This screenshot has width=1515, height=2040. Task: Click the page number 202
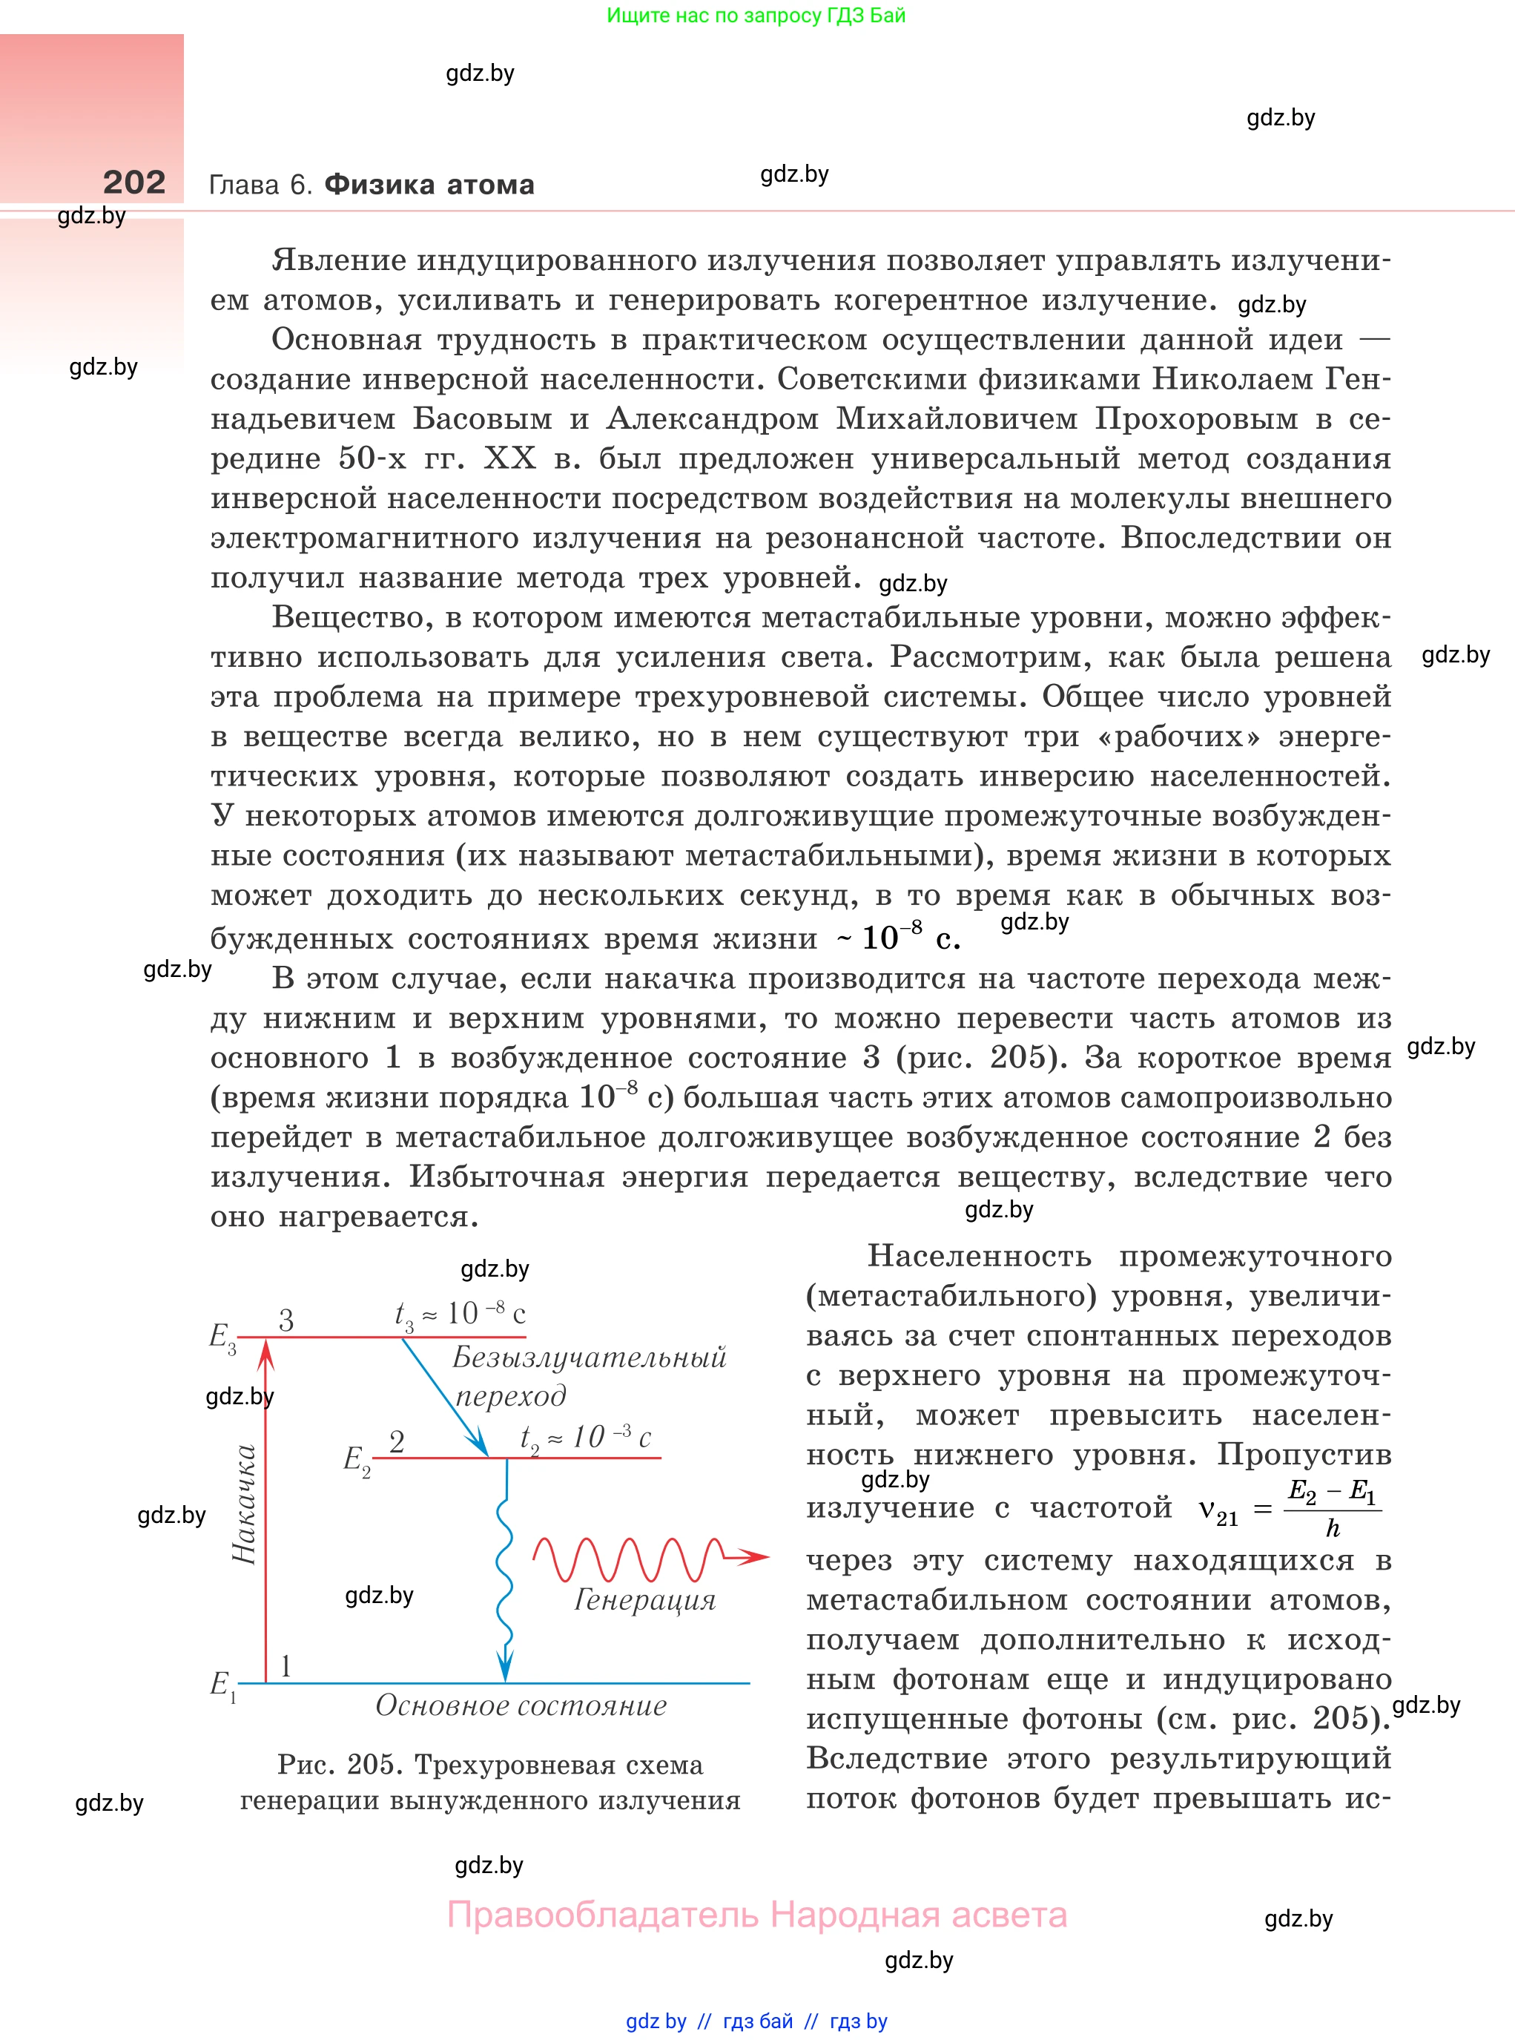coord(134,182)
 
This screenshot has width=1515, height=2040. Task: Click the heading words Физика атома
coord(429,185)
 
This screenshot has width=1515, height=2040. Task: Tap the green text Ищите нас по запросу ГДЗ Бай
coord(756,16)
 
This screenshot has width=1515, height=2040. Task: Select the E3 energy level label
coord(222,1337)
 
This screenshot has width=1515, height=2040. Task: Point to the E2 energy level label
coord(356,1461)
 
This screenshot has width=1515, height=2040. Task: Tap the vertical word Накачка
coord(244,1504)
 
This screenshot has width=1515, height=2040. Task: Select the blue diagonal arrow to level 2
coord(445,1397)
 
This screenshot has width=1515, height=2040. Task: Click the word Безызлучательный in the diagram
coord(589,1358)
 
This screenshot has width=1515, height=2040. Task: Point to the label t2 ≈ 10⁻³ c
coord(585,1438)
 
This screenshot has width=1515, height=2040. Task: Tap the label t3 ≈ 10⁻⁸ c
coord(460,1315)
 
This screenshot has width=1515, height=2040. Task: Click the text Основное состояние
coord(520,1706)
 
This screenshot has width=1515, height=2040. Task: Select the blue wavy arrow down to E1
coord(504,1578)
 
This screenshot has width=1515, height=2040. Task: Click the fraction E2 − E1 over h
coord(1332,1509)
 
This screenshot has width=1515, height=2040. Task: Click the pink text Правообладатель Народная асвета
coord(756,1915)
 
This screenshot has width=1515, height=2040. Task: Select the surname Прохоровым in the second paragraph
coord(1204,419)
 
